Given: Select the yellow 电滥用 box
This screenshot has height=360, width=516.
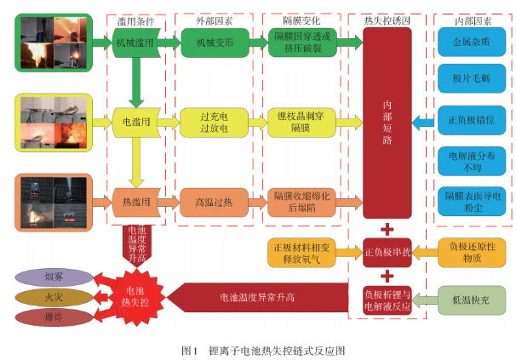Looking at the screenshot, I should pos(135,122).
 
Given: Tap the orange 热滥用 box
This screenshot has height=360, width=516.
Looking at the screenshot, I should pos(135,201).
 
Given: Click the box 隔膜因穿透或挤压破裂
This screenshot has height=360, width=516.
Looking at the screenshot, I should pos(303,42).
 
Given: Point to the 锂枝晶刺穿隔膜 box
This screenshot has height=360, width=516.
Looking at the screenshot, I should pos(303,122).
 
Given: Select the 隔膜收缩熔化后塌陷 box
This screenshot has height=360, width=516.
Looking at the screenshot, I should pos(303,201).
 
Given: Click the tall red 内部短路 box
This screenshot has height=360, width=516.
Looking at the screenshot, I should pos(387,122).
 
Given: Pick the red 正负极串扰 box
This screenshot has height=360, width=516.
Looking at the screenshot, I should pos(387,252).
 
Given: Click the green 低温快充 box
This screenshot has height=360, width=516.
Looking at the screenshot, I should pos(469,299).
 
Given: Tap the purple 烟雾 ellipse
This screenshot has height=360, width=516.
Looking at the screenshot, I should pos(53,277).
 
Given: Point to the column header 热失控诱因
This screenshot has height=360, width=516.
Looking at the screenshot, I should pos(386,17).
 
